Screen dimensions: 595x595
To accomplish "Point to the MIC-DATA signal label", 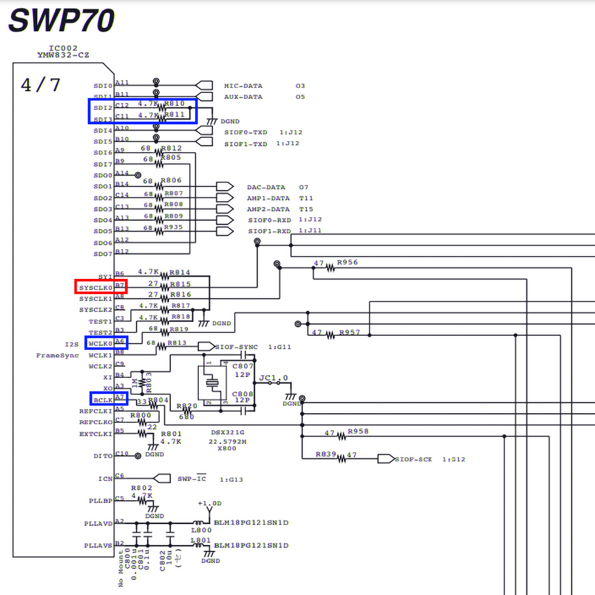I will point(243,86).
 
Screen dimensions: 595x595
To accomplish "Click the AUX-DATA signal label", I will point(243,97).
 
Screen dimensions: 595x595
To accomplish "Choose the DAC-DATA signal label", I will point(266,188).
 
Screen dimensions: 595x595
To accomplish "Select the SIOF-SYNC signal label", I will point(236,347).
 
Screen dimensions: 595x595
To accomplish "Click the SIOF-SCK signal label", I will point(413,460).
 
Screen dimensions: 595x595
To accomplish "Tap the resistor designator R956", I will point(347,263).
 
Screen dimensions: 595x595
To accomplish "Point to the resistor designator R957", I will point(349,332).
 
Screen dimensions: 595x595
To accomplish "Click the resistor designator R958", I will point(358,432).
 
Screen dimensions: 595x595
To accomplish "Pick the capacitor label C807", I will point(243,367).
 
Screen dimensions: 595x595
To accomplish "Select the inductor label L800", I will point(201,530).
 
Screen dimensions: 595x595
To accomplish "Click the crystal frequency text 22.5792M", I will point(228,441).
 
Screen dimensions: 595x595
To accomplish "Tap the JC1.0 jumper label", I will point(274,378).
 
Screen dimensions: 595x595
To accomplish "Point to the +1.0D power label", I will point(209,503).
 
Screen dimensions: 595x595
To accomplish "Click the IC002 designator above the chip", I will point(63,48).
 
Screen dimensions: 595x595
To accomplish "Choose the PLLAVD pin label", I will point(98,524).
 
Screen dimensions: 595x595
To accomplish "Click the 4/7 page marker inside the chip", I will point(41,85).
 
